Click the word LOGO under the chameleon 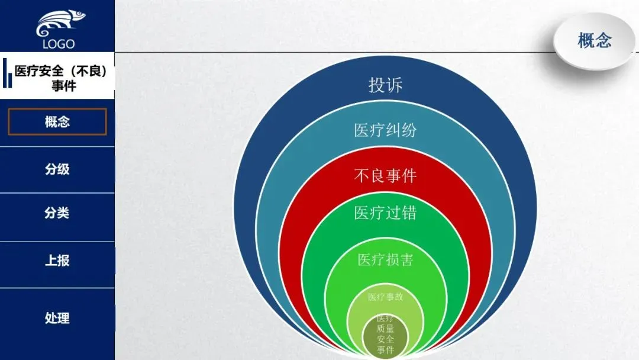(x=59, y=44)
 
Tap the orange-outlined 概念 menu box (x=57, y=122)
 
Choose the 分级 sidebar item (x=57, y=169)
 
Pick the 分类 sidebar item (x=57, y=213)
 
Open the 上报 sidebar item (x=57, y=261)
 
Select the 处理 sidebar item (x=57, y=318)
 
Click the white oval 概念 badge (x=594, y=41)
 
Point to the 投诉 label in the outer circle (x=386, y=85)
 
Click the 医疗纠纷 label (x=386, y=130)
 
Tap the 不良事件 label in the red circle (x=386, y=176)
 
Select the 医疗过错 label (x=386, y=213)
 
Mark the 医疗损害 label (x=386, y=259)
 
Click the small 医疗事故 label (x=386, y=297)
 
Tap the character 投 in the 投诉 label (x=377, y=85)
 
